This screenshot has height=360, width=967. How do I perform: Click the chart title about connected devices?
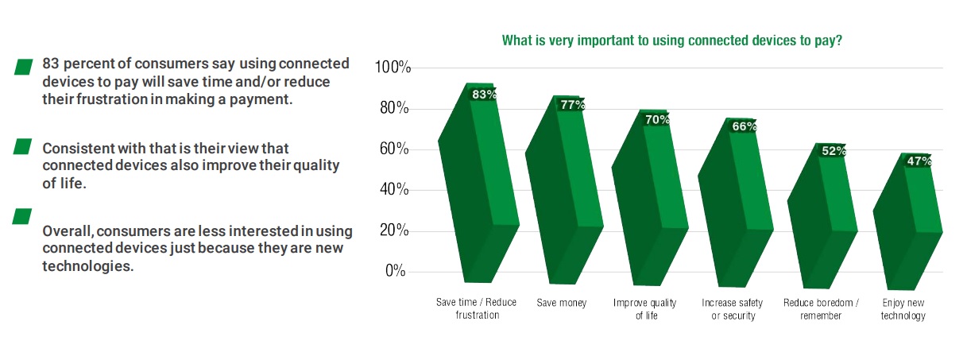pos(671,40)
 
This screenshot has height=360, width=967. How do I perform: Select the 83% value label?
pos(484,94)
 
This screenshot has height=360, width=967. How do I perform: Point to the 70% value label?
pos(657,119)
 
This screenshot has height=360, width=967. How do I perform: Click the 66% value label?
pos(744,126)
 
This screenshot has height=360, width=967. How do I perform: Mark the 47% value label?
pos(919,161)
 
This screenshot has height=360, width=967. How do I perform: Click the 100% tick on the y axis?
pos(392,68)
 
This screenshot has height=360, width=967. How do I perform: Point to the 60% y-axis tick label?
pos(395,149)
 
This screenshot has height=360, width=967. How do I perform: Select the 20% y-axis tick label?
pos(395,230)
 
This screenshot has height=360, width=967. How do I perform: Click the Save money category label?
pos(561,303)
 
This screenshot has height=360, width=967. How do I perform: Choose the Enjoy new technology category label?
pos(903,309)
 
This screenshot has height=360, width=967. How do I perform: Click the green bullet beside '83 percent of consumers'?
pos(23,67)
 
